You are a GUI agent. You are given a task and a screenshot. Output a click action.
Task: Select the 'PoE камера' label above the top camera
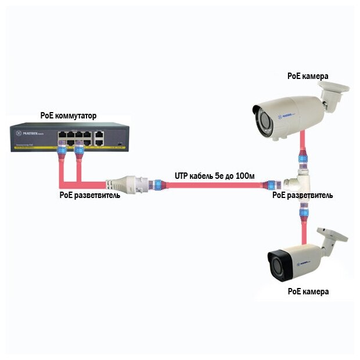coord(308,76)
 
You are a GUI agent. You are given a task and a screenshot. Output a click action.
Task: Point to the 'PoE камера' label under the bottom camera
coord(308,291)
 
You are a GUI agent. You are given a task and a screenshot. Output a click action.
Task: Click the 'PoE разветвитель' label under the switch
coord(90,195)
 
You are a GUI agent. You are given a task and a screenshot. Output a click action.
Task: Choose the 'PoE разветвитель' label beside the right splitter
coord(303,195)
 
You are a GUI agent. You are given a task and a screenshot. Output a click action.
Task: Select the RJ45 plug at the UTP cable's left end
coord(158,185)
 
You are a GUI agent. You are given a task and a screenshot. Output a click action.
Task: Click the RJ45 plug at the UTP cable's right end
coord(269,185)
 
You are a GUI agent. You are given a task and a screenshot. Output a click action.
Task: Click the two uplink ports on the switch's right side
coord(99,138)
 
